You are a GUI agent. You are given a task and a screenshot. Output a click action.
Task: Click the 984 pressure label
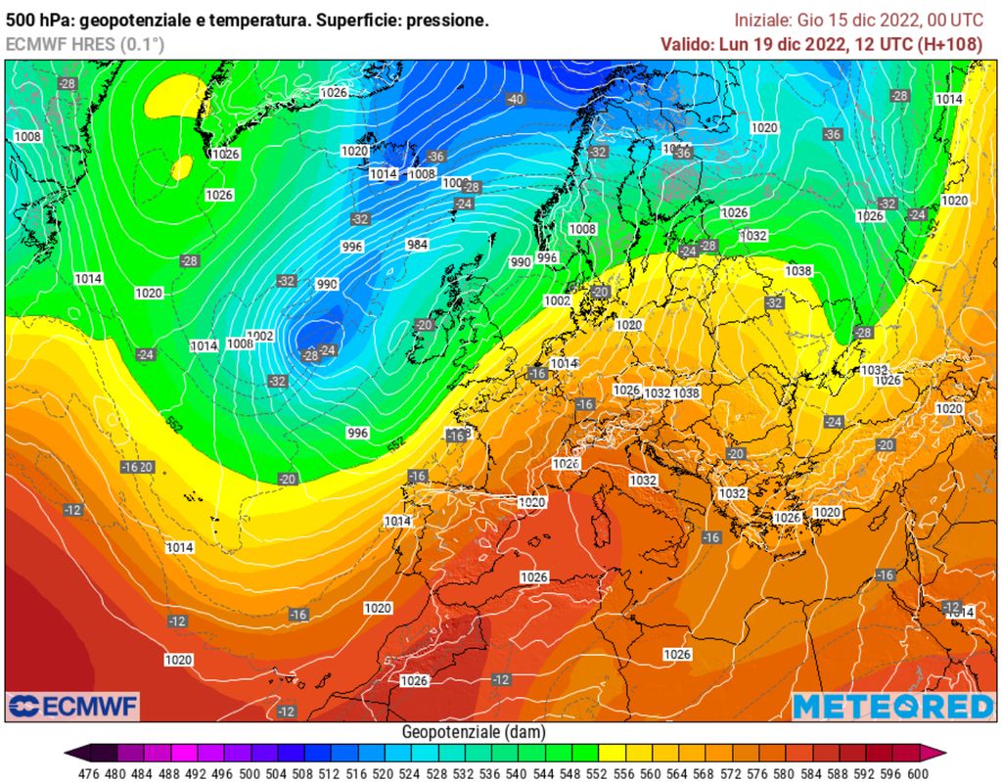[x=417, y=245]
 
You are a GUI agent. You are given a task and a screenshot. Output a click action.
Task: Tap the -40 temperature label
[x=516, y=100]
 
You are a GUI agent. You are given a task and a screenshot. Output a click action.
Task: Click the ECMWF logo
[x=73, y=706]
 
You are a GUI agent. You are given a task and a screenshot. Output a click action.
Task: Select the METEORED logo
[x=892, y=707]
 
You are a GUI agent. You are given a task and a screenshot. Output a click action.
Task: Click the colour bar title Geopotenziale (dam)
[x=474, y=732]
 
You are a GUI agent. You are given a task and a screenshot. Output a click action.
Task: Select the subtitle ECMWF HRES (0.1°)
[x=85, y=43]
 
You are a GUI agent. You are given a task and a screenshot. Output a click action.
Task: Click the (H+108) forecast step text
[x=951, y=43]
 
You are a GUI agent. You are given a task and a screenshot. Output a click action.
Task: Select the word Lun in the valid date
[x=734, y=43]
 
